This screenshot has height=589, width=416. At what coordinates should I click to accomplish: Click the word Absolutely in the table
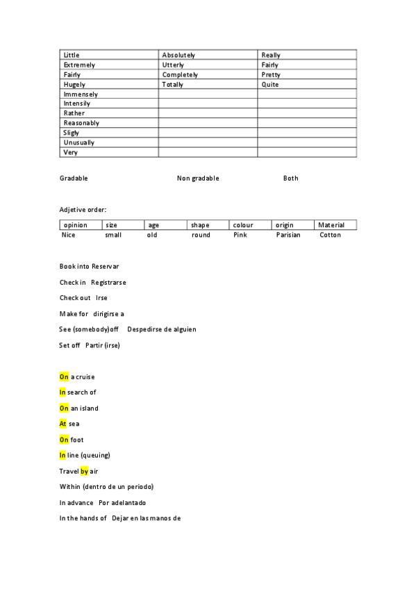(x=178, y=55)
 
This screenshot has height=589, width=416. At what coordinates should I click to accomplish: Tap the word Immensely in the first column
(x=81, y=94)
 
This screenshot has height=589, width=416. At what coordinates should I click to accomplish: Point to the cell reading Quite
(x=270, y=84)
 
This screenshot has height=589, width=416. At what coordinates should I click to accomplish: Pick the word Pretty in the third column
(x=271, y=74)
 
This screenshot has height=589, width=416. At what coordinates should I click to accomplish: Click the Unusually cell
(x=79, y=142)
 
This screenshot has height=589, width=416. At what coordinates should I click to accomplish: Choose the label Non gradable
(x=198, y=179)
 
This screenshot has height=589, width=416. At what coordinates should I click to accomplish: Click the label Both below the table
(x=291, y=179)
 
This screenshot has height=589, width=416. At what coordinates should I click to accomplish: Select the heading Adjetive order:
(x=83, y=209)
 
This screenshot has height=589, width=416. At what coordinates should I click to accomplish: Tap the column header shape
(x=200, y=225)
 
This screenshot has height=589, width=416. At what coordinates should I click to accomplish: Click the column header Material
(x=332, y=225)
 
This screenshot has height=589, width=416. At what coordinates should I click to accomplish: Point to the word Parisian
(x=288, y=235)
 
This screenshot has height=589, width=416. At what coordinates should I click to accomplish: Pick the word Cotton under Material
(x=331, y=235)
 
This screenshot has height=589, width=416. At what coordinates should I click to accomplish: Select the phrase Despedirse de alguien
(x=162, y=329)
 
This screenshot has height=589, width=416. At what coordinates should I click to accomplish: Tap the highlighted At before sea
(x=63, y=424)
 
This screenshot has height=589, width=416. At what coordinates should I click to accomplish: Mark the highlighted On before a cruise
(x=64, y=376)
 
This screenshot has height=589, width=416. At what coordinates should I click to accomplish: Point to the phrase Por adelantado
(x=122, y=502)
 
